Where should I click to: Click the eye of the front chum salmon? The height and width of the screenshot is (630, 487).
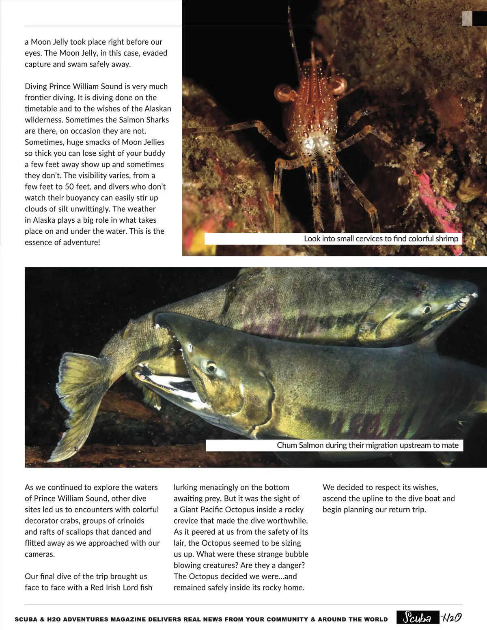point(211,368)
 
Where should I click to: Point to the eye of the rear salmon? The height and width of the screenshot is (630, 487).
point(426,310)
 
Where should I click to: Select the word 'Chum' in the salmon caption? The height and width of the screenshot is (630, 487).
point(287,445)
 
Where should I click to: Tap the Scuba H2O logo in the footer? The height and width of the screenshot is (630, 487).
point(429,617)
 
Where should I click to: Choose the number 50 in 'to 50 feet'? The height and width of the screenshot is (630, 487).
point(69,187)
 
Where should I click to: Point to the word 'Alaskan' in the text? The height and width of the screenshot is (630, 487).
point(157,109)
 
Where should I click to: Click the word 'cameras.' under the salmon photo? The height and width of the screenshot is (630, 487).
point(40,554)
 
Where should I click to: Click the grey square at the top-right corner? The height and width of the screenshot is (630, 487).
point(467,18)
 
